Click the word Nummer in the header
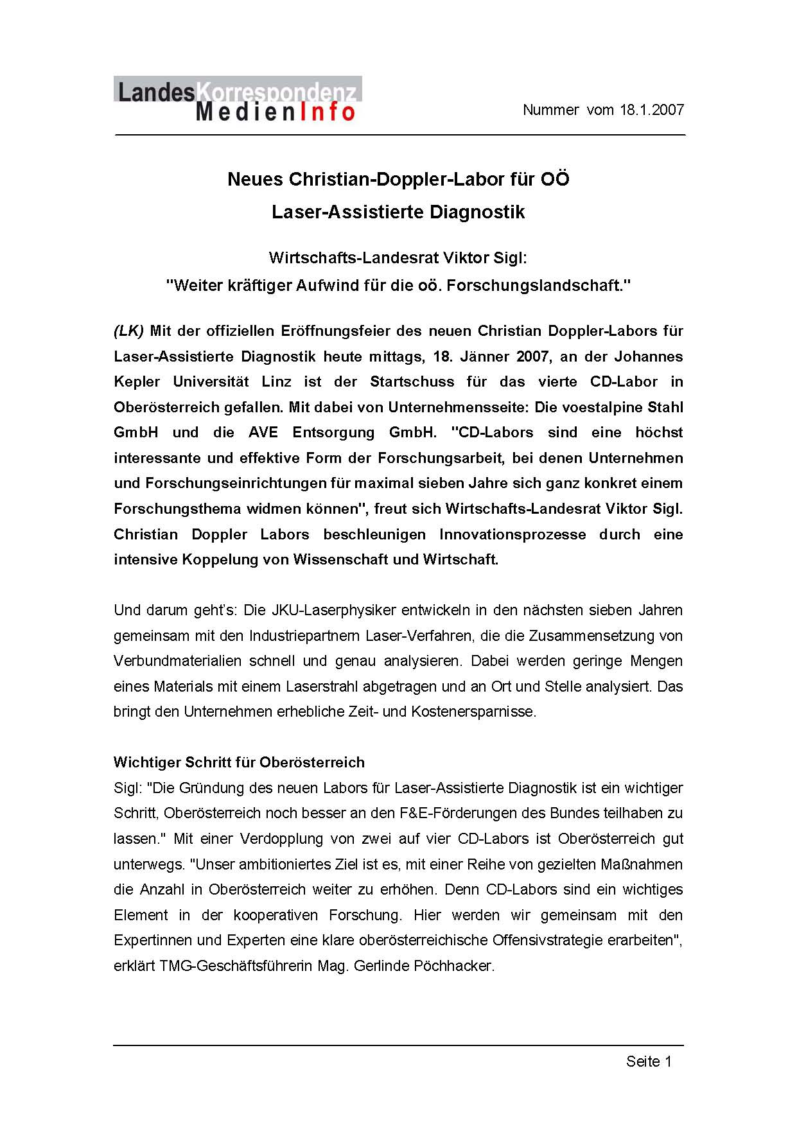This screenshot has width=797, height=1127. click(550, 110)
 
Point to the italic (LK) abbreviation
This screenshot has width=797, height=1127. click(128, 331)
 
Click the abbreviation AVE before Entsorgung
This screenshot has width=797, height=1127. click(263, 433)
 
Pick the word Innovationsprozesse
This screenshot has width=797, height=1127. click(512, 534)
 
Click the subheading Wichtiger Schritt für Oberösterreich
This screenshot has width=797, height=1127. click(239, 762)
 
